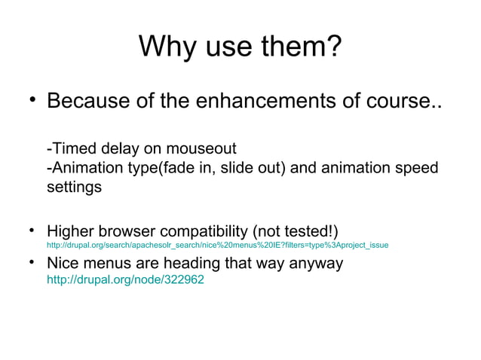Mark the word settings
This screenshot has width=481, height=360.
click(74, 186)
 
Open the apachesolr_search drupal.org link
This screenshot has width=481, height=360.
click(217, 245)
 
